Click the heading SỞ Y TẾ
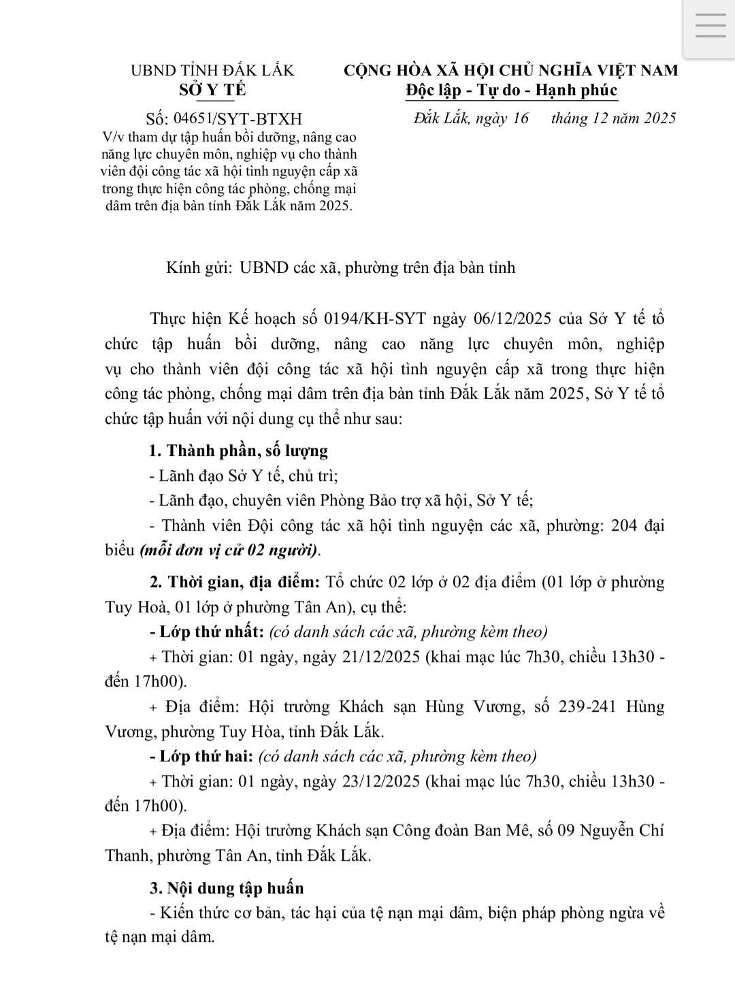coord(212,90)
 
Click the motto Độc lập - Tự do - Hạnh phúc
coord(511,90)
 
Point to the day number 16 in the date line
coord(520,118)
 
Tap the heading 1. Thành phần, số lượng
coord(238,450)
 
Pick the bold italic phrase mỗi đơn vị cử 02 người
coord(229,550)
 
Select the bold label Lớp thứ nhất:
coord(207,631)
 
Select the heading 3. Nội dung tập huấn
coord(227,888)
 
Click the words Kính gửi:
coord(199,267)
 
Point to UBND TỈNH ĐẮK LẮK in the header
coord(212,70)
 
